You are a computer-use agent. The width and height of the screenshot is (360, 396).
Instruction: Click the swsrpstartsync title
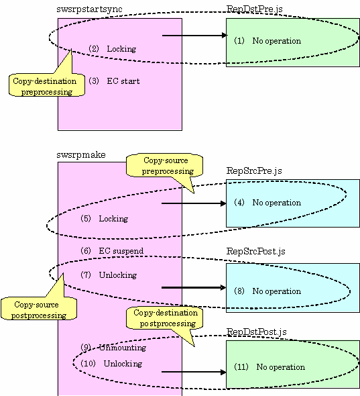pyautogui.click(x=89, y=9)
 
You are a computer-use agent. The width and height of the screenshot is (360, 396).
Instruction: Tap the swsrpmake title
pyautogui.click(x=81, y=154)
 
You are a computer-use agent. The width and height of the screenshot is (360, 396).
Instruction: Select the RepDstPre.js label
pyautogui.click(x=254, y=9)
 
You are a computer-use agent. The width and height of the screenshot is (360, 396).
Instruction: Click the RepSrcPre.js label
pyautogui.click(x=254, y=170)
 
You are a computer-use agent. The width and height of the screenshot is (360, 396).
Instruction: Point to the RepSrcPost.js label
pyautogui.click(x=256, y=251)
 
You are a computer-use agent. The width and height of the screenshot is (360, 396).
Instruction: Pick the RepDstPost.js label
pyautogui.click(x=256, y=332)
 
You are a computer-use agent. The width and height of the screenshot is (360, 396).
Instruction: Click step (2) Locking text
pyautogui.click(x=112, y=49)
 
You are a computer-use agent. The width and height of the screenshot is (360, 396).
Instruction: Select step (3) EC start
pyautogui.click(x=114, y=81)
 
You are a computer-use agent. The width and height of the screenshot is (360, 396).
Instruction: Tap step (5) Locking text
pyautogui.click(x=104, y=218)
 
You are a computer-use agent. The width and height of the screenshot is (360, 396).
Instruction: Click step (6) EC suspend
pyautogui.click(x=112, y=251)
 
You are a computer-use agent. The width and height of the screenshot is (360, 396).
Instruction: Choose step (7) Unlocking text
pyautogui.click(x=109, y=275)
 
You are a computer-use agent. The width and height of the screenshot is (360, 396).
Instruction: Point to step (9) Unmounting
pyautogui.click(x=113, y=348)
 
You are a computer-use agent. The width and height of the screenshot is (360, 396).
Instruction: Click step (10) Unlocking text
pyautogui.click(x=111, y=363)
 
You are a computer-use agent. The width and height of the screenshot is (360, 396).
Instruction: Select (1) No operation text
pyautogui.click(x=267, y=41)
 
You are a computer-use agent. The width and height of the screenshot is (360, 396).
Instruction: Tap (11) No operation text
pyautogui.click(x=269, y=366)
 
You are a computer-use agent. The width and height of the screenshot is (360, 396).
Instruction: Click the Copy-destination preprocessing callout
pyautogui.click(x=47, y=85)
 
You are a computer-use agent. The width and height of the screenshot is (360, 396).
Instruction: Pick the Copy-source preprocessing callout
pyautogui.click(x=164, y=166)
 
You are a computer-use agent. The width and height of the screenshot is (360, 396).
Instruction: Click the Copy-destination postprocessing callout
pyautogui.click(x=164, y=318)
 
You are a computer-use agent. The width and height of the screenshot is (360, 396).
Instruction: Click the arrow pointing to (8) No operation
pyautogui.click(x=194, y=287)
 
